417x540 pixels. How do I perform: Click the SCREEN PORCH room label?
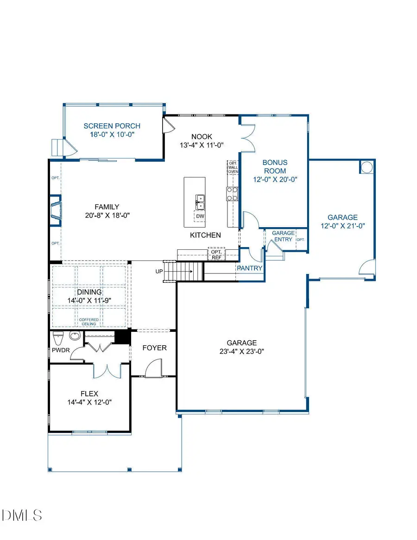[112, 126]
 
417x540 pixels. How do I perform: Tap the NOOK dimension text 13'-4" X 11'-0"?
[202, 145]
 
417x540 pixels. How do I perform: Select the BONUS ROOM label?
[275, 166]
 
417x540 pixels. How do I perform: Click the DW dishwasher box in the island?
[200, 216]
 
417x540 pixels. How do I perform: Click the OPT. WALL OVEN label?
[232, 167]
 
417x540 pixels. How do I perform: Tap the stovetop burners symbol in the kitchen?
[232, 193]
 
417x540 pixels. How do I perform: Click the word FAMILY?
[107, 207]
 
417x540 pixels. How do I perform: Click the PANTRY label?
[250, 268]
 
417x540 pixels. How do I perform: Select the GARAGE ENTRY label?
[283, 236]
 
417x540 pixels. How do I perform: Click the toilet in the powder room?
[58, 337]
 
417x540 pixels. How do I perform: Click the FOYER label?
[154, 348]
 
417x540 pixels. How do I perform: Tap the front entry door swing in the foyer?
[153, 369]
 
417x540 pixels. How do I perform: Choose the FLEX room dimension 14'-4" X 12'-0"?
[89, 402]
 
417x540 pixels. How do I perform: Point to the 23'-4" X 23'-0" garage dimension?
[241, 351]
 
